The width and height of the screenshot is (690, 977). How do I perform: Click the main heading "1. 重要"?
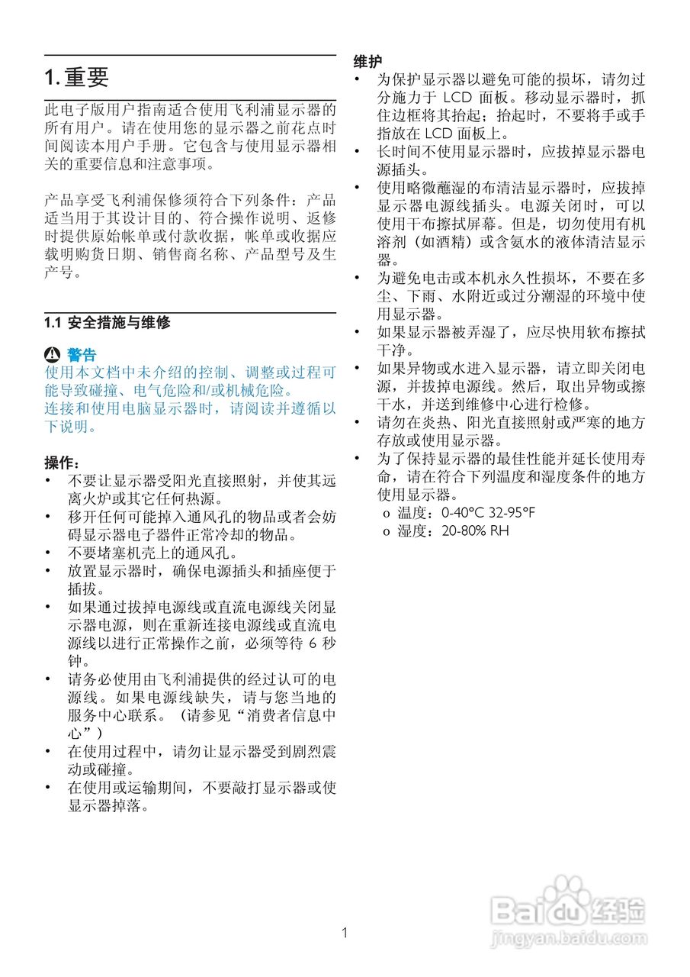(76, 77)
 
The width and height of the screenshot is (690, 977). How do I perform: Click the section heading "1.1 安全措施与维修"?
(107, 323)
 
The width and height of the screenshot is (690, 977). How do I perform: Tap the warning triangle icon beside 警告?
(52, 355)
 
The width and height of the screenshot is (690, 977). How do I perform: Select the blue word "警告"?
(82, 355)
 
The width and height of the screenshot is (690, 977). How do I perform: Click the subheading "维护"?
(368, 62)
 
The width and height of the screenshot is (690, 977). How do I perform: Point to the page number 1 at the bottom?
(345, 932)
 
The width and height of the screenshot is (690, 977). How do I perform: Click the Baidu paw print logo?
(566, 898)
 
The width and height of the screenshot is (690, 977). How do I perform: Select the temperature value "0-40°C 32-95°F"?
(488, 512)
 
